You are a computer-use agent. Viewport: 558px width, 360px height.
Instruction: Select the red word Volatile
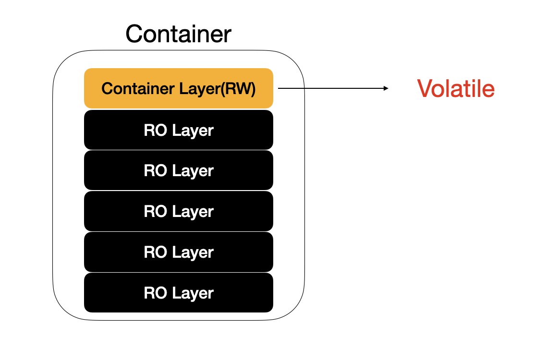click(x=456, y=89)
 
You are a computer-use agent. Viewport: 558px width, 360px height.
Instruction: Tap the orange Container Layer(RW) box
click(x=179, y=88)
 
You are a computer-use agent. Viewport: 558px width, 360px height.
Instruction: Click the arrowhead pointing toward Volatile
click(x=386, y=88)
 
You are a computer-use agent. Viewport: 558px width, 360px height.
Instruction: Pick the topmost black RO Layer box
click(x=179, y=130)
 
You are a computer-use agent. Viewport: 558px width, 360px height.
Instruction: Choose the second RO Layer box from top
click(x=179, y=170)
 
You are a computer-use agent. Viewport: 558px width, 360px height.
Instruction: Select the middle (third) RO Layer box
click(x=179, y=211)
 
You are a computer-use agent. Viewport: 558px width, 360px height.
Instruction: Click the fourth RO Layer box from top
click(x=179, y=252)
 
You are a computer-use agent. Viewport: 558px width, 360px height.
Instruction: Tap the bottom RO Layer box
click(x=179, y=293)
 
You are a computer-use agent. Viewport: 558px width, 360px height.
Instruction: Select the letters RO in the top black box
click(x=155, y=131)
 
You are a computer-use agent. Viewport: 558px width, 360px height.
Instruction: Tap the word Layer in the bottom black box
click(x=193, y=293)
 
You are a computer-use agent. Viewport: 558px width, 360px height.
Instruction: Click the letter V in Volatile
click(x=425, y=89)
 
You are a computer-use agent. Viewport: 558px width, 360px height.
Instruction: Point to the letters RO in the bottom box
click(x=155, y=293)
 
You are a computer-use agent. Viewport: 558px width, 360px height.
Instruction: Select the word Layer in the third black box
click(x=193, y=212)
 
